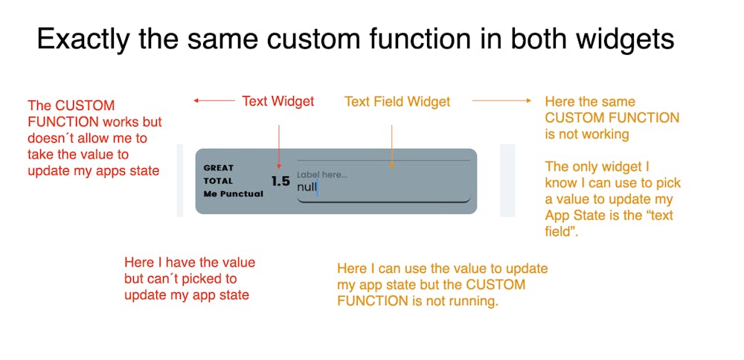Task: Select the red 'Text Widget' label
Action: tap(278, 101)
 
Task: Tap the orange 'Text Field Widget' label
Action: tap(397, 101)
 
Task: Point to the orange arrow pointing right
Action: tap(502, 100)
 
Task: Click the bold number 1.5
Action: tap(280, 181)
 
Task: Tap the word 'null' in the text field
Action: tap(307, 187)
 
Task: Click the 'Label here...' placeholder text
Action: tap(322, 175)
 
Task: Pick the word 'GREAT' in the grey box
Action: tap(218, 167)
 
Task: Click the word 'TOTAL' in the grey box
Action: tap(218, 181)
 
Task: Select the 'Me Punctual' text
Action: tap(233, 194)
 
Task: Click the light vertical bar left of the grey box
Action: tap(179, 181)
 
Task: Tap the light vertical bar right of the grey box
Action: tap(507, 181)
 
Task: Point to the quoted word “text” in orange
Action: tap(655, 216)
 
